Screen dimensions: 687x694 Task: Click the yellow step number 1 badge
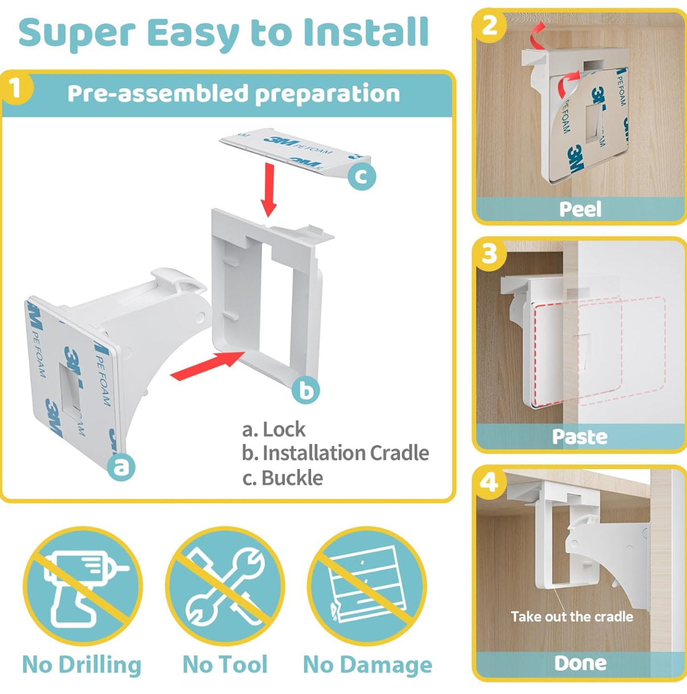(16, 89)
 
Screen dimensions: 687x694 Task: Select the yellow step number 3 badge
(489, 254)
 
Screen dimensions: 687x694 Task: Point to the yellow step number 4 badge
(489, 483)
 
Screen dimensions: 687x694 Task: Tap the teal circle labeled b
(306, 390)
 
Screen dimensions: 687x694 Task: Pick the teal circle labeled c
(362, 175)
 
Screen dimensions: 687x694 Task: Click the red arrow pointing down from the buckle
(269, 190)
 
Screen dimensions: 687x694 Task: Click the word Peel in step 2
(580, 210)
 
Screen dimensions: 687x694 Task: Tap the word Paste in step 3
(580, 437)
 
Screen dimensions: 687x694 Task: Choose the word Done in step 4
(580, 663)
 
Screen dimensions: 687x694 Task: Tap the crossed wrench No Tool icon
(226, 587)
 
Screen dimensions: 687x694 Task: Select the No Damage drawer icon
(367, 587)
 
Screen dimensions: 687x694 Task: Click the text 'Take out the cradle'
(572, 616)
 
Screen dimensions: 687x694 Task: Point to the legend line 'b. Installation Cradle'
(336, 453)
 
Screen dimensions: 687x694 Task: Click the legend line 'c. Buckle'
(283, 478)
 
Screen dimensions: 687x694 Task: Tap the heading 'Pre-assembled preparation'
(234, 93)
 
